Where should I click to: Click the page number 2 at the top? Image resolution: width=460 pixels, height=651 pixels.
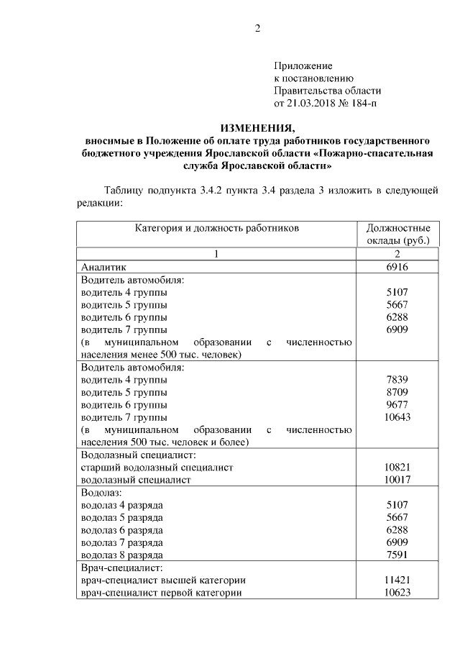point(257,29)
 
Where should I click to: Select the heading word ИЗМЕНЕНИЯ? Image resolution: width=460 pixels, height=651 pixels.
point(257,128)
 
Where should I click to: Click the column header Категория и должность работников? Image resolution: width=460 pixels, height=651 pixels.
point(216,228)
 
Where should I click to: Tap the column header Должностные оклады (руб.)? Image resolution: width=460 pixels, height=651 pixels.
point(397,234)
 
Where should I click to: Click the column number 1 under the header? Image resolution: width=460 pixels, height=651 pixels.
point(216,253)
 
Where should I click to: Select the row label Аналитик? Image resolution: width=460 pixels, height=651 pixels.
point(103,266)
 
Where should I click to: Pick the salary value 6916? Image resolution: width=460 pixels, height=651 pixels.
point(397,266)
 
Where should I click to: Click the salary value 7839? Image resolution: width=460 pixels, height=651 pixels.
point(397,380)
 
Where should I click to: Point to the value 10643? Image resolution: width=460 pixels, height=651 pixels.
point(397,417)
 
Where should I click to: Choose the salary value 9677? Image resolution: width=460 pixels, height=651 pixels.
point(397,405)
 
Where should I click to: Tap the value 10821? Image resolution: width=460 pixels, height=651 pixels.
point(397,468)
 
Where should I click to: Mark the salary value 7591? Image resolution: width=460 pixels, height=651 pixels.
point(397,555)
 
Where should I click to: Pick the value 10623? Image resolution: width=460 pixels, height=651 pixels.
point(397,593)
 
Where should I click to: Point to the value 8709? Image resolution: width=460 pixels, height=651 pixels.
point(397,393)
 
